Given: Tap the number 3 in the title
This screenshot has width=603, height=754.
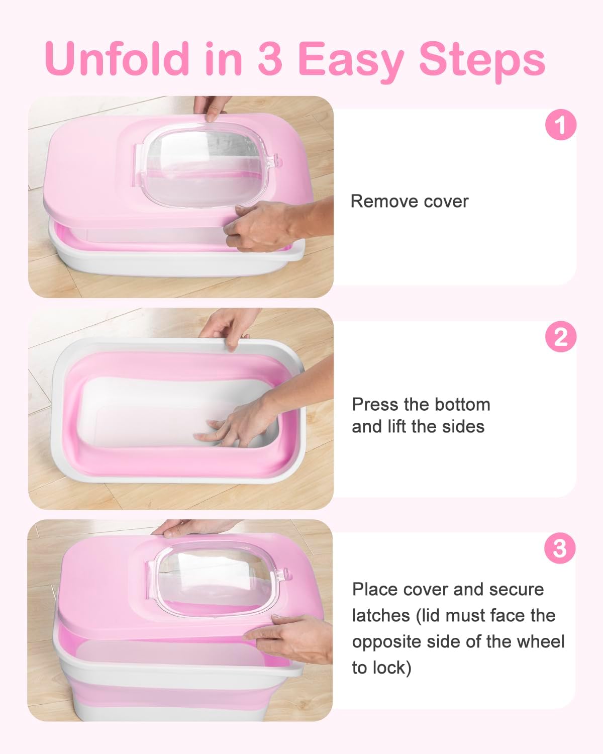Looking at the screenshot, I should pos(270,59).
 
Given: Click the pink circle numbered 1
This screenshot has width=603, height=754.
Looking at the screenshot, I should pos(560,125).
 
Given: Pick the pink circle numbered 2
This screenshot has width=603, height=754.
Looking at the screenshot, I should pos(560,337).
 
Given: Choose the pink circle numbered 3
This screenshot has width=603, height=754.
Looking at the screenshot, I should pos(560,548).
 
